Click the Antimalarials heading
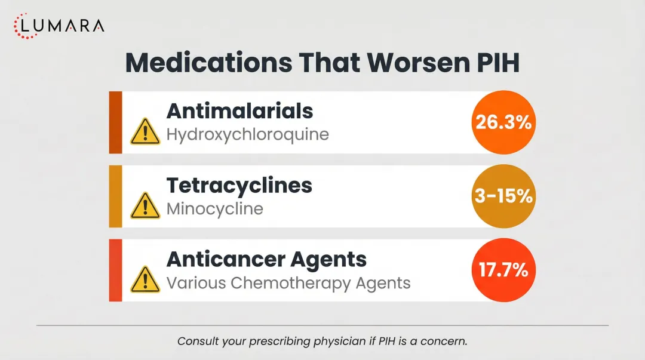click(x=239, y=110)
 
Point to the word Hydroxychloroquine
click(x=247, y=134)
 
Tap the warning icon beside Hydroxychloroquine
click(x=145, y=131)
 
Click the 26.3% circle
click(x=503, y=122)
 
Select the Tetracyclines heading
click(x=239, y=185)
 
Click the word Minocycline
click(x=214, y=209)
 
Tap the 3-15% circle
click(x=503, y=196)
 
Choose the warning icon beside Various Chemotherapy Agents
click(x=145, y=279)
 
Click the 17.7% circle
click(x=503, y=270)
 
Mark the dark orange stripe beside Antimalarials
click(x=115, y=122)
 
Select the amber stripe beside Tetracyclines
click(x=115, y=196)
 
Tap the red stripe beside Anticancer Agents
click(x=115, y=270)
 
